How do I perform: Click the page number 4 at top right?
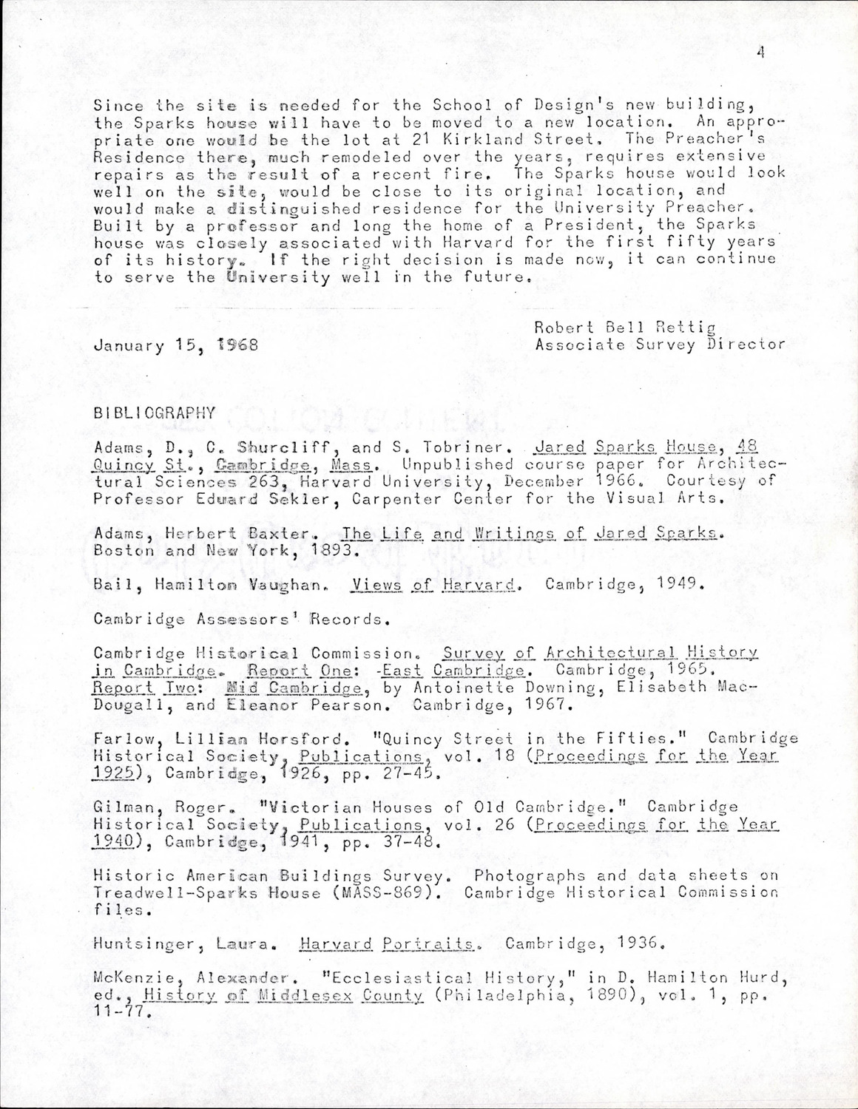[760, 51]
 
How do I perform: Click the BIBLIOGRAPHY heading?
[155, 413]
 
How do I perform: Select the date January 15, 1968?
[176, 345]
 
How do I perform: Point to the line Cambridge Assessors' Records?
[240, 619]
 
